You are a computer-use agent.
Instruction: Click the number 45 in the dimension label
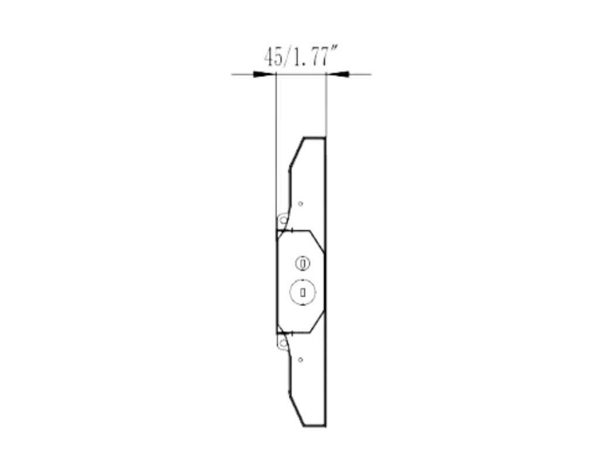point(273,57)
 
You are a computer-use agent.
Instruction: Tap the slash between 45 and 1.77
point(287,57)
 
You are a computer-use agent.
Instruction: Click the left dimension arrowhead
point(264,74)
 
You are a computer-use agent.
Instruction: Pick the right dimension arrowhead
point(337,74)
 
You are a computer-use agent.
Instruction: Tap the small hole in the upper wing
point(301,203)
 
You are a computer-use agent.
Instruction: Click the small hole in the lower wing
point(301,359)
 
